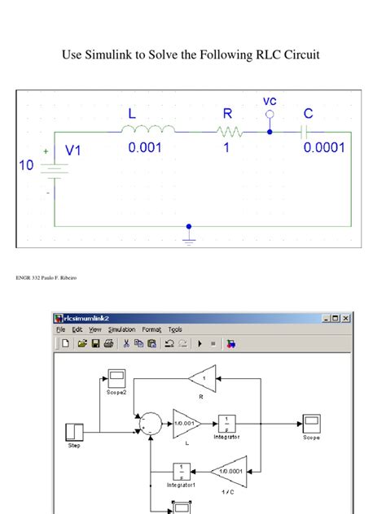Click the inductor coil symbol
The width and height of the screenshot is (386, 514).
[x=147, y=128]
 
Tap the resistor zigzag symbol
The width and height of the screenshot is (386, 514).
[x=228, y=129]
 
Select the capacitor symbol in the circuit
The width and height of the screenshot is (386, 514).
[x=306, y=129]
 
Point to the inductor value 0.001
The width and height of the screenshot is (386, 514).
[x=146, y=148]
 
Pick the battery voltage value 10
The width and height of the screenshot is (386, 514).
[x=27, y=165]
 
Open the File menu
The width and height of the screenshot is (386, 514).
[x=61, y=329]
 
